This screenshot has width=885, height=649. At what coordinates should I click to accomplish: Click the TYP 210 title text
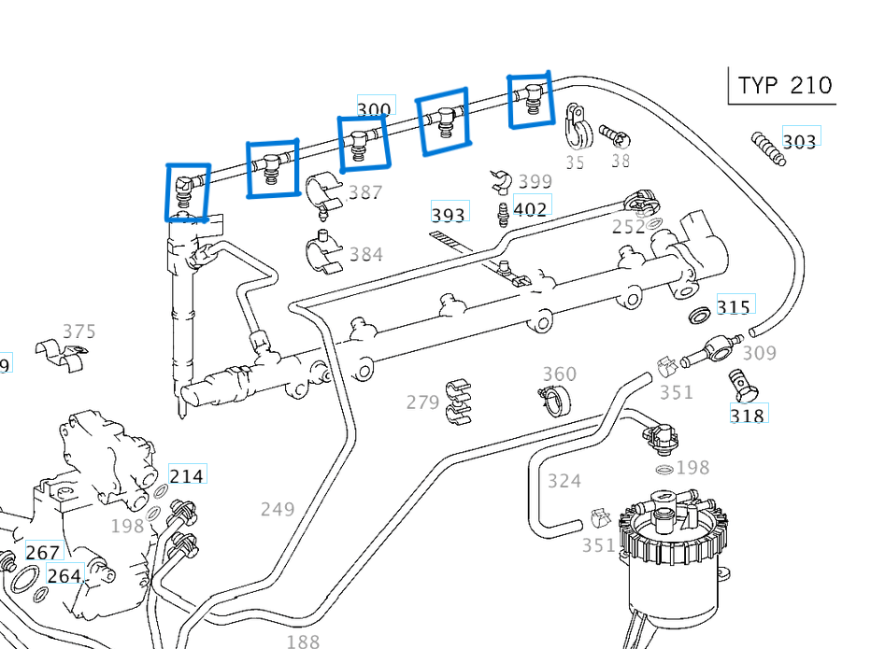783,86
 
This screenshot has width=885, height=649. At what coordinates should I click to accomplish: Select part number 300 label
374,109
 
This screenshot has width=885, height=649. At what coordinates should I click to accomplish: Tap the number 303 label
800,141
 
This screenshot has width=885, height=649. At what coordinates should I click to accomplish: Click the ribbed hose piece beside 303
768,148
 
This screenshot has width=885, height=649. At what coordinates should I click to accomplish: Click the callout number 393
449,215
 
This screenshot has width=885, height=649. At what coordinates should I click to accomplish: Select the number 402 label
530,209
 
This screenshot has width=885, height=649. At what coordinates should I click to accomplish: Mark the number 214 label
186,476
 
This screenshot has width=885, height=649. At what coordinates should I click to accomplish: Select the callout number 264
64,576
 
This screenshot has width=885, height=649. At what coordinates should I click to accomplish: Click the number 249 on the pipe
278,509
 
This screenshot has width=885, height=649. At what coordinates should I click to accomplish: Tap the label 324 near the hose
564,481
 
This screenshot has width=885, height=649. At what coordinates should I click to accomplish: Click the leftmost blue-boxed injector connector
187,192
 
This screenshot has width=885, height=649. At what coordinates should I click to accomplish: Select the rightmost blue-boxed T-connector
530,99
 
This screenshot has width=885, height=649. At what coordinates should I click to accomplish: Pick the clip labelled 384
323,254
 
